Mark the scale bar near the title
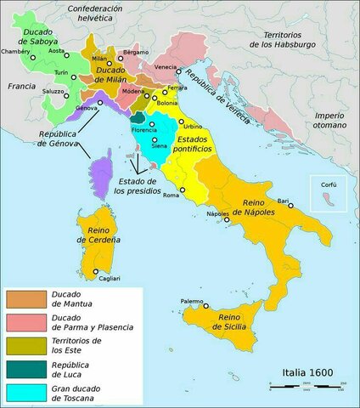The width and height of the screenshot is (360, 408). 308,388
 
